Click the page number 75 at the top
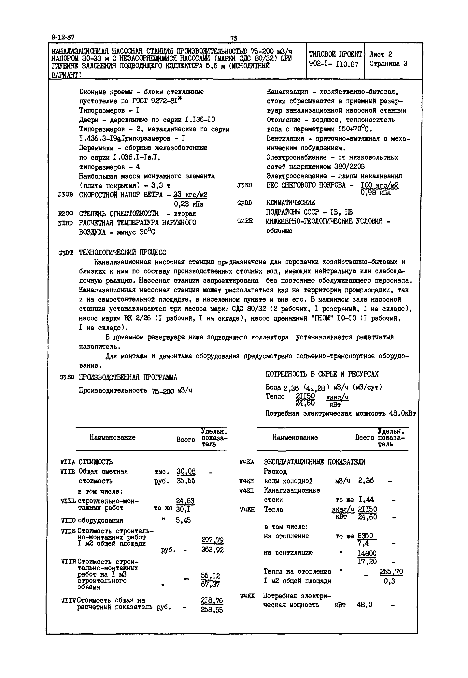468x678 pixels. tap(234, 38)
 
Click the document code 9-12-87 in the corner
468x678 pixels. tap(63, 37)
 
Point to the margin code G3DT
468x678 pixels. tap(65, 253)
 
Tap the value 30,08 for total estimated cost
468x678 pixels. tap(186, 471)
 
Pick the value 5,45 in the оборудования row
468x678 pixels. tap(183, 520)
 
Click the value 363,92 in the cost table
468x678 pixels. tap(212, 550)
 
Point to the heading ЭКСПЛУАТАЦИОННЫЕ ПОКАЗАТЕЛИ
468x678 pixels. tap(314, 462)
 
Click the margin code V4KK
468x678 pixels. tap(247, 596)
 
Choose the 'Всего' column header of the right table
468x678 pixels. tap(364, 438)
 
